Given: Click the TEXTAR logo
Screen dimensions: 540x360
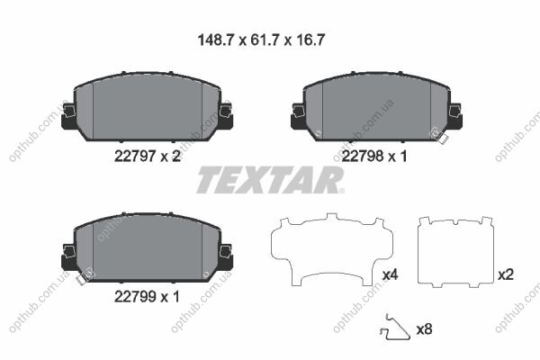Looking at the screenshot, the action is (270, 180).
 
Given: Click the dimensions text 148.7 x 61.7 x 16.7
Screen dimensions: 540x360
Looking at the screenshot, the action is (261, 40).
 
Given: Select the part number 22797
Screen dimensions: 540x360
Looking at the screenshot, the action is (135, 157).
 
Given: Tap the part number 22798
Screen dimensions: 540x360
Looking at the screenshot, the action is (363, 157).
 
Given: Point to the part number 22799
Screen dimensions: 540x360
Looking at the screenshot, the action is (135, 296).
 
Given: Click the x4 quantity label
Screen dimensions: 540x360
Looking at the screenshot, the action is (391, 274).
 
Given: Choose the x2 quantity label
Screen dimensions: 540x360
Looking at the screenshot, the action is (506, 274).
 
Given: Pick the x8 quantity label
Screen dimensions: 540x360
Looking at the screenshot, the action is (424, 329).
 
